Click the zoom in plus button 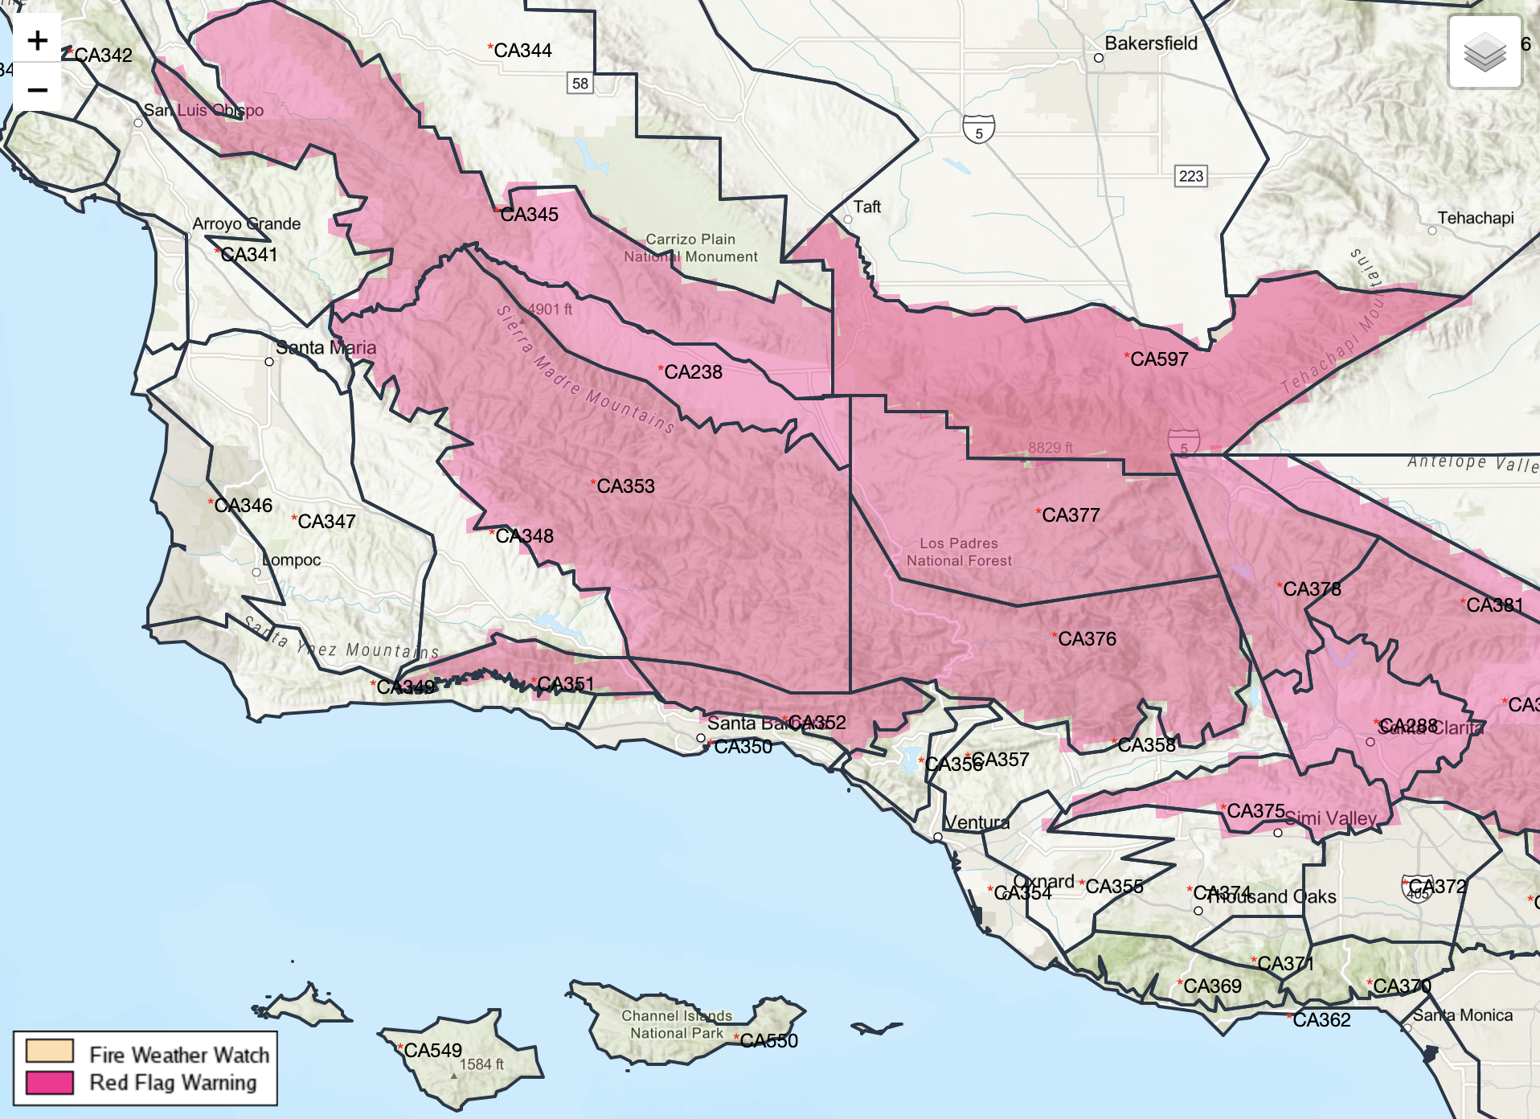click(37, 40)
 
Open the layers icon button click(1484, 52)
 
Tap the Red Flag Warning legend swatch click(49, 1082)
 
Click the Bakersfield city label click(1150, 43)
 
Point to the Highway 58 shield click(580, 84)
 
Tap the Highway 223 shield click(1190, 176)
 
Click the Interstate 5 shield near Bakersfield click(978, 129)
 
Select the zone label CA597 click(1158, 359)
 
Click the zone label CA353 click(625, 486)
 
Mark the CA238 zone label click(692, 372)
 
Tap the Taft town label click(866, 207)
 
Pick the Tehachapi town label click(1475, 218)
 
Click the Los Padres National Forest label click(959, 552)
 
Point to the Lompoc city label click(292, 560)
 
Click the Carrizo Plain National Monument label click(690, 248)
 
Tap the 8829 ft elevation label click(1050, 448)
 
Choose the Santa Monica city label click(1462, 1015)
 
